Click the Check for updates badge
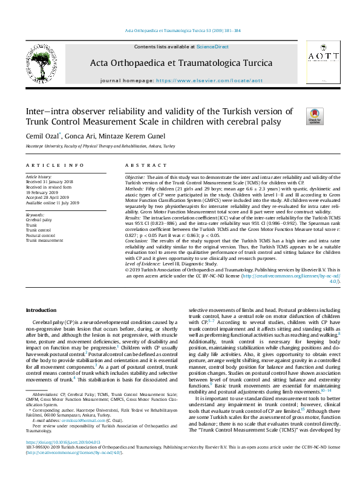click(x=298, y=115)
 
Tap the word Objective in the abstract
click(x=135, y=177)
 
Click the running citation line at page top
click(x=182, y=30)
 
